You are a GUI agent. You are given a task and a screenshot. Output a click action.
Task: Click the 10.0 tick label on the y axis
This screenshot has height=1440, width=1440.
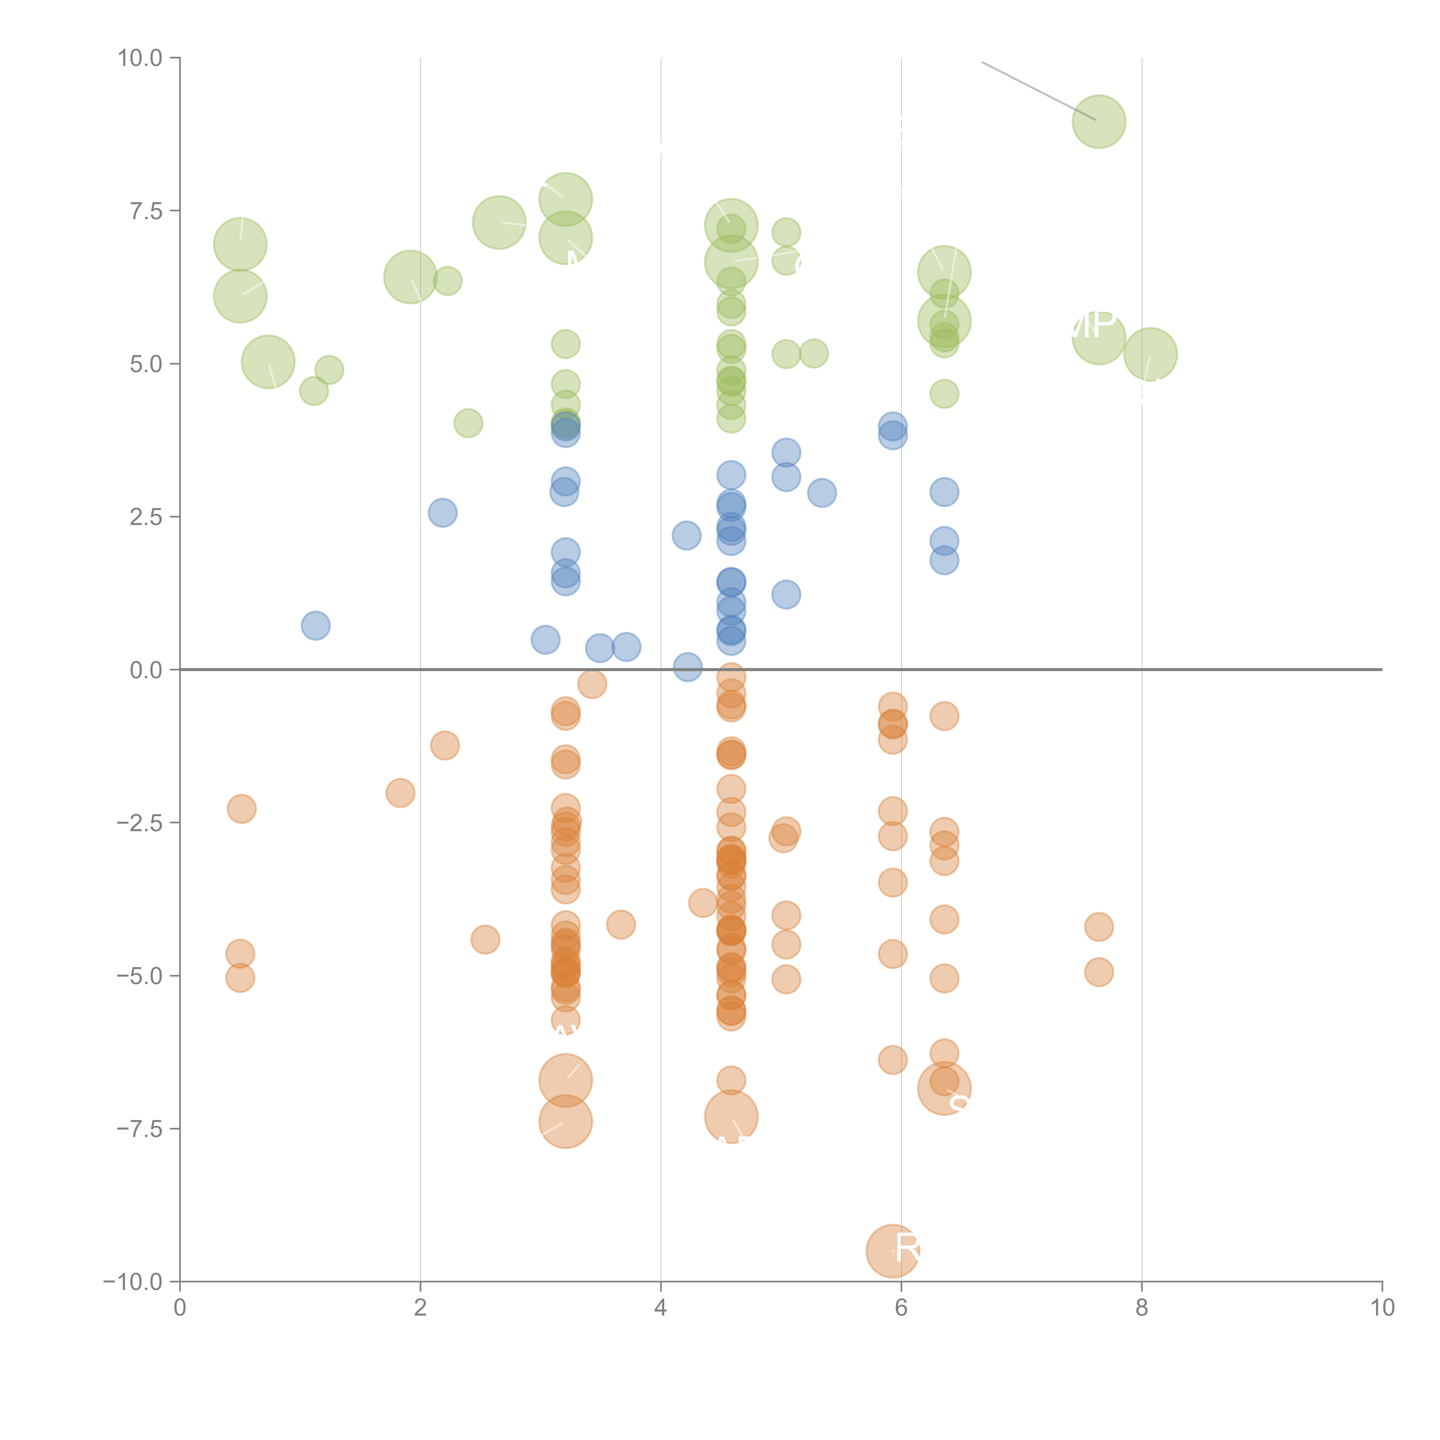coord(140,58)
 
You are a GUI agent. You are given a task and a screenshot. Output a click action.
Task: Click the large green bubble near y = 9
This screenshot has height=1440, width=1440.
coord(1099,122)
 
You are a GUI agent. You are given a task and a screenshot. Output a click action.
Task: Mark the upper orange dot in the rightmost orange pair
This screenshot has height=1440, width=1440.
coord(1099,927)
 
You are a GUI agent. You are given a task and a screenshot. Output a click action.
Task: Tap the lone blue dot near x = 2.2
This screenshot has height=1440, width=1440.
coord(443,513)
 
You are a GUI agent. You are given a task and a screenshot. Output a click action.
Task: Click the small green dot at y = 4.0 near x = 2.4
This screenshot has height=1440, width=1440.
coord(468,423)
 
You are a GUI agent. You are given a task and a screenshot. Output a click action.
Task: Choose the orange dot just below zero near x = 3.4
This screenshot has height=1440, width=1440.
coord(592,683)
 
